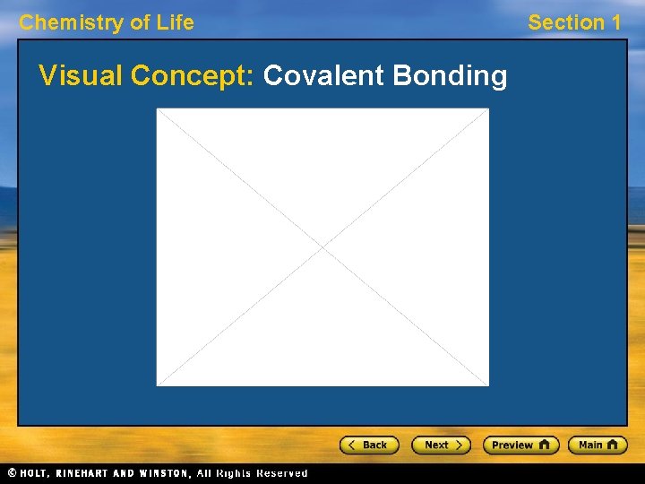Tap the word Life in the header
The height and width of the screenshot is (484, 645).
175,22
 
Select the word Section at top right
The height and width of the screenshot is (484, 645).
563,22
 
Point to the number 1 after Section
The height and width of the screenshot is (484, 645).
615,22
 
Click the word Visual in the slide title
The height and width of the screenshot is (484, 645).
82,76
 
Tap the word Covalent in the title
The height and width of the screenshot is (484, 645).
323,76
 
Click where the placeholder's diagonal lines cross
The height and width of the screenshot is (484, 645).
322,247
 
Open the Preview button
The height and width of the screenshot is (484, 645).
520,445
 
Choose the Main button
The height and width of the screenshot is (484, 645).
598,445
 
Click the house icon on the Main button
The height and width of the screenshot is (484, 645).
613,445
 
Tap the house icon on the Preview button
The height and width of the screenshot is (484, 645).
544,445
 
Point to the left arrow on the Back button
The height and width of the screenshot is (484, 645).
353,445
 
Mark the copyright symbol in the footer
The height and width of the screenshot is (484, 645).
12,472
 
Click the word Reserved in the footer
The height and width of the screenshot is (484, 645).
282,472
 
